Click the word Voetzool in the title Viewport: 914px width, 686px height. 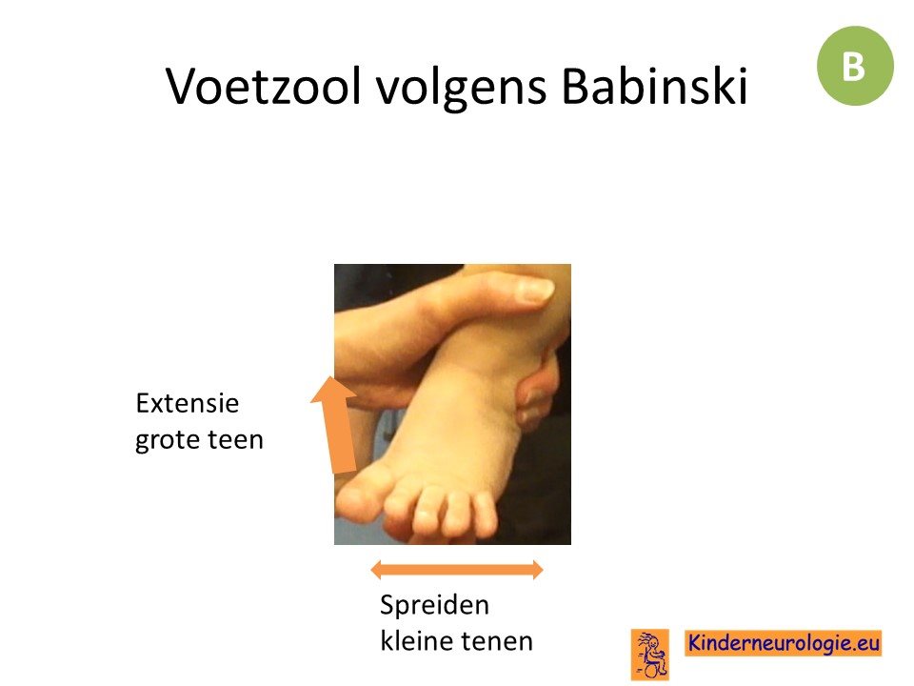[x=264, y=87]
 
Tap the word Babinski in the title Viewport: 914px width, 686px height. [x=655, y=87]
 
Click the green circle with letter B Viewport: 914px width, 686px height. [x=855, y=66]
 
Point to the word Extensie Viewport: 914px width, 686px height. [x=188, y=403]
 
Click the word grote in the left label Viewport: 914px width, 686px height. [x=168, y=440]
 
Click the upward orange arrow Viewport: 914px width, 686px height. [x=337, y=425]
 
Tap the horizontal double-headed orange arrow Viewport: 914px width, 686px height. [x=457, y=570]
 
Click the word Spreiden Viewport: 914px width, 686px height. [x=434, y=606]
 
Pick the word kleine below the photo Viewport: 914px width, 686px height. [x=416, y=640]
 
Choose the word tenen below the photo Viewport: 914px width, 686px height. [x=496, y=641]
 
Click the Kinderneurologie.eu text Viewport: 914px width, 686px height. [x=783, y=643]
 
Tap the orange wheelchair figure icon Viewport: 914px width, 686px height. [x=650, y=655]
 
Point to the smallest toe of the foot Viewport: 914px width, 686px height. [x=485, y=514]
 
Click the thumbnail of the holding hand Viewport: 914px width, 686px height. [x=536, y=290]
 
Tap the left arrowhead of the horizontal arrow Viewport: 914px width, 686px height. [x=377, y=570]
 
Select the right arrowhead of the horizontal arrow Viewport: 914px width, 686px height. [x=537, y=570]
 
